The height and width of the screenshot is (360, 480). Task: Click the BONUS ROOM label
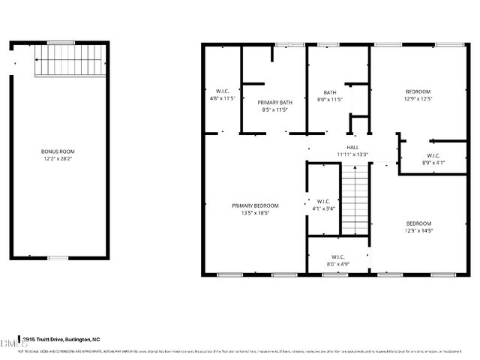[58, 151]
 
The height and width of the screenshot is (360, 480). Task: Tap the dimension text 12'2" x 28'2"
[58, 158]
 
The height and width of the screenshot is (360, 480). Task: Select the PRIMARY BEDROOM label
[255, 205]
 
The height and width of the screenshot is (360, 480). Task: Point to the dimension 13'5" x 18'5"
[255, 213]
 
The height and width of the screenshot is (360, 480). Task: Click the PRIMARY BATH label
[274, 102]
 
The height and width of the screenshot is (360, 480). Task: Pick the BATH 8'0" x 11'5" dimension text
[330, 99]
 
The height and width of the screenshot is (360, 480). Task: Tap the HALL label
[352, 147]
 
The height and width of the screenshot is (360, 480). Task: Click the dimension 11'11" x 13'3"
[352, 154]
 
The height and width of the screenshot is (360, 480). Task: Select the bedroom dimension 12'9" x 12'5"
[418, 99]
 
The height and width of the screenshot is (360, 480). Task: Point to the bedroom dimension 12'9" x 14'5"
[418, 230]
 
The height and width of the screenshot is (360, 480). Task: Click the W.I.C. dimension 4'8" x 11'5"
[223, 98]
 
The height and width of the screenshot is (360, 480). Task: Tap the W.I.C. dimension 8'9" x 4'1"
[433, 162]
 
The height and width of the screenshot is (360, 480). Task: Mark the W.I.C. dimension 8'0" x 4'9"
[337, 264]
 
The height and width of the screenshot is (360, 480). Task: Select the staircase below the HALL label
[356, 199]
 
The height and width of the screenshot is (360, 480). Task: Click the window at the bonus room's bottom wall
[58, 259]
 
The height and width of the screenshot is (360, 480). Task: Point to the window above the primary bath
[283, 45]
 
